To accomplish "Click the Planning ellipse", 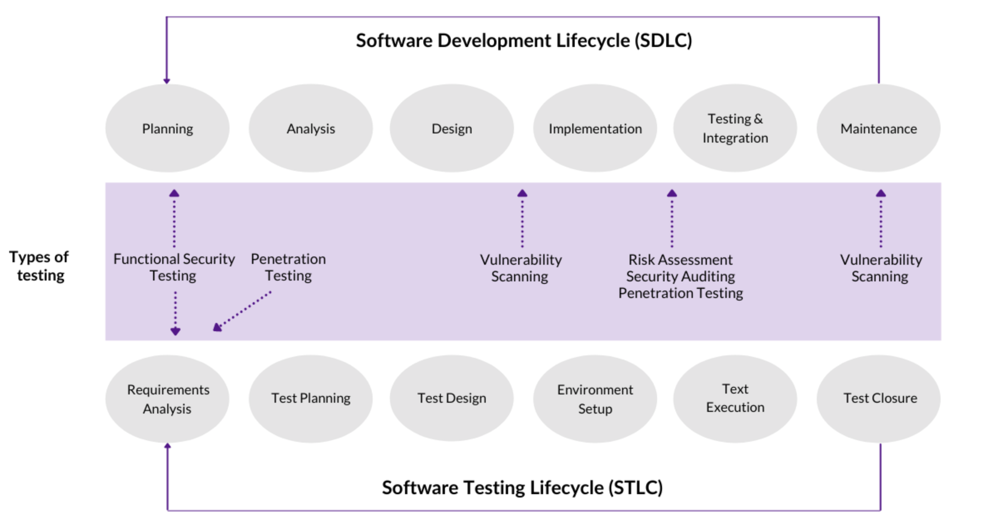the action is pyautogui.click(x=167, y=128).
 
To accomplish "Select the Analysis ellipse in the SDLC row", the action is pyautogui.click(x=311, y=128).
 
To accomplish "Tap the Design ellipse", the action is pyautogui.click(x=452, y=128).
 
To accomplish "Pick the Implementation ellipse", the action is pyautogui.click(x=595, y=128).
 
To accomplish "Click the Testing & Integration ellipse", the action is pyautogui.click(x=735, y=128).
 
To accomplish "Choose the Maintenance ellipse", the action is pyautogui.click(x=879, y=128).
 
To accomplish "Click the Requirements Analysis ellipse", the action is pyautogui.click(x=167, y=399).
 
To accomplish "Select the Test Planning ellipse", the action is pyautogui.click(x=311, y=399).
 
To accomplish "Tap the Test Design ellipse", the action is pyautogui.click(x=452, y=399).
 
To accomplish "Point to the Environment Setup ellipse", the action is pyautogui.click(x=595, y=399).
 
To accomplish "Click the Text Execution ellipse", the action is pyautogui.click(x=735, y=399).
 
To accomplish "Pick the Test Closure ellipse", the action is pyautogui.click(x=879, y=399).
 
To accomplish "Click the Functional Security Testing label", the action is pyautogui.click(x=174, y=267).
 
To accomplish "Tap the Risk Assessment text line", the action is pyautogui.click(x=680, y=260).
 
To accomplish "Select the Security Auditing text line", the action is pyautogui.click(x=680, y=276).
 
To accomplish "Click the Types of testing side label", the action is pyautogui.click(x=39, y=266).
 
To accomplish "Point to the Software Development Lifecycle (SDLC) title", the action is pyautogui.click(x=524, y=40).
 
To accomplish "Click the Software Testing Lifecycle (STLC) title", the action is pyautogui.click(x=522, y=488).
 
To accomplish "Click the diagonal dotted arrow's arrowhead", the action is pyautogui.click(x=217, y=327).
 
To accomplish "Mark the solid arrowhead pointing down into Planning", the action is pyautogui.click(x=167, y=81).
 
